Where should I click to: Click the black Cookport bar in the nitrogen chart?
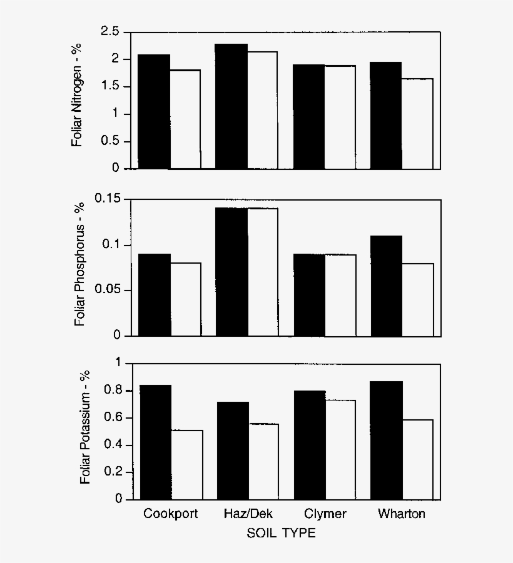click(x=154, y=112)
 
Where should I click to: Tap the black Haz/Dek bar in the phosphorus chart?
click(x=231, y=272)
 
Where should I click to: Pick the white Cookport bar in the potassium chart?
click(x=186, y=465)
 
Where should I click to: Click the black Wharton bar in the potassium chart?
click(x=386, y=441)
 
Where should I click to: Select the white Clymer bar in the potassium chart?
click(x=340, y=450)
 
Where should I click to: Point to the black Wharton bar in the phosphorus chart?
click(x=386, y=286)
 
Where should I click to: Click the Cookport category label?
click(x=170, y=514)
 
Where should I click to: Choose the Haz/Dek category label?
click(x=248, y=514)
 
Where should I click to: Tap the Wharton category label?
click(x=401, y=514)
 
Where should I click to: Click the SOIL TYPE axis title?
click(x=281, y=534)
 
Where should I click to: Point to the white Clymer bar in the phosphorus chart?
click(x=340, y=295)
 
